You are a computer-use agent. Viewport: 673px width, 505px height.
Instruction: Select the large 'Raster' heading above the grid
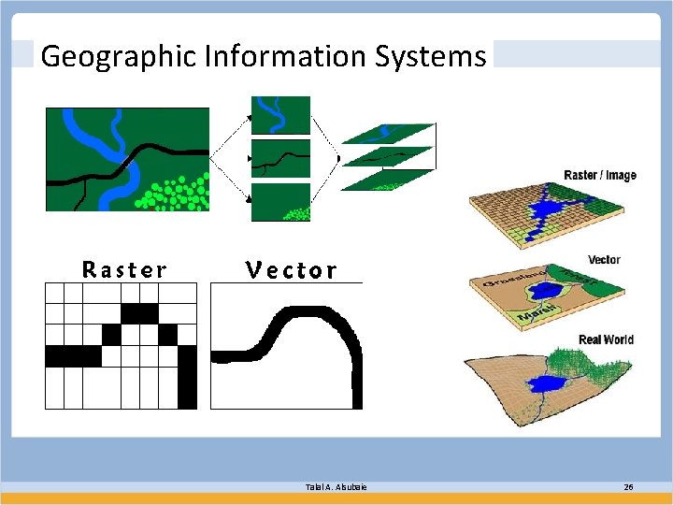(x=124, y=270)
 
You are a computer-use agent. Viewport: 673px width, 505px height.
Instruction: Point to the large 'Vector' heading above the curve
(x=291, y=270)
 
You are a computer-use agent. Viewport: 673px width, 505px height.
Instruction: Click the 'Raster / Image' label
(x=600, y=176)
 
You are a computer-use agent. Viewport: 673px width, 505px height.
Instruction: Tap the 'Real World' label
(x=606, y=339)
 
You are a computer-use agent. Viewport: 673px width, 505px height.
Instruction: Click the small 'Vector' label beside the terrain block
(x=604, y=259)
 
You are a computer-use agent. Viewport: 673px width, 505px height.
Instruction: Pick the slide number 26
(x=627, y=487)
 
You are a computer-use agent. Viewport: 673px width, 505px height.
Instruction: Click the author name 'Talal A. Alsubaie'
(x=336, y=487)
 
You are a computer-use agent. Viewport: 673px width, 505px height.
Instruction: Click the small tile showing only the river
(x=282, y=115)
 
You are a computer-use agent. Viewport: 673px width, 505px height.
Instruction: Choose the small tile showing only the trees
(x=282, y=202)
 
